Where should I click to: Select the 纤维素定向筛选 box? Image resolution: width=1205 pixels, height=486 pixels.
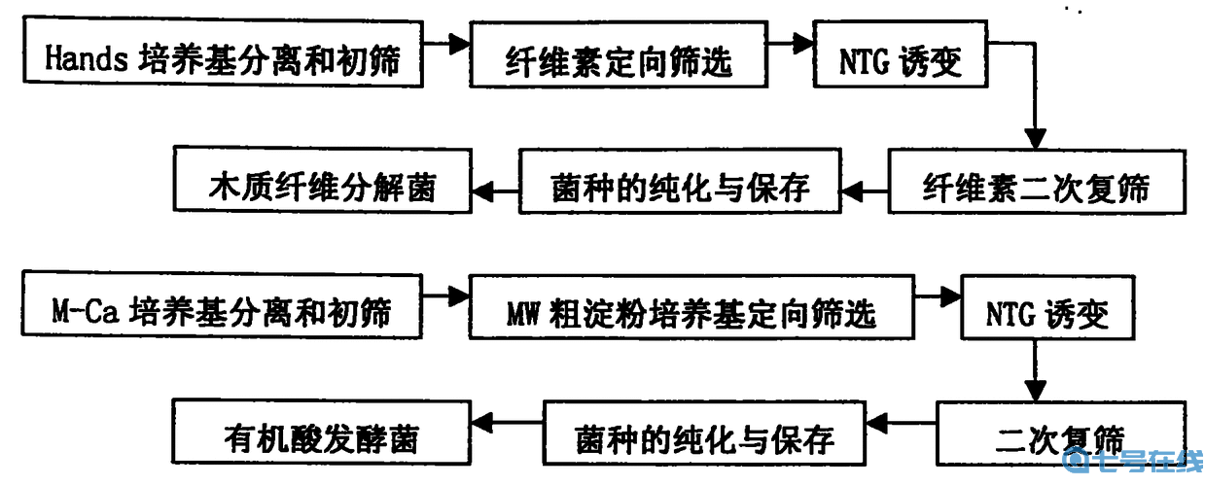point(619,60)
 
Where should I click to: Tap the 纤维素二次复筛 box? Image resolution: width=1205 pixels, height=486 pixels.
point(1036,184)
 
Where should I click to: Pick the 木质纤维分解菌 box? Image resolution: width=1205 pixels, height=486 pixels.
point(322,183)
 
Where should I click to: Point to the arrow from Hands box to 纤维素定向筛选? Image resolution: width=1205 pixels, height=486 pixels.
point(447,43)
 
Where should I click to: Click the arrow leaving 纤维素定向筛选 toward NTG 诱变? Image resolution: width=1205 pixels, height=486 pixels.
point(790,43)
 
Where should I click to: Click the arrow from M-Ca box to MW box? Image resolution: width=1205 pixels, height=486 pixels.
point(446,292)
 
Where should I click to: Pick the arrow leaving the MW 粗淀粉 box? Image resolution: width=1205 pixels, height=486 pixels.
point(938,292)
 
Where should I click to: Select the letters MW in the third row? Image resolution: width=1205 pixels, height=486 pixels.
point(526,312)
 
